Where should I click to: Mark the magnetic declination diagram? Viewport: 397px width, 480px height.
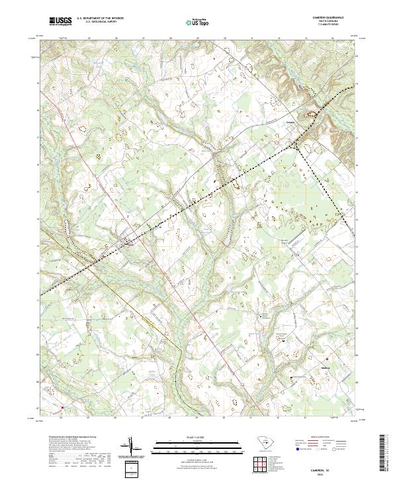pyautogui.click(x=132, y=447)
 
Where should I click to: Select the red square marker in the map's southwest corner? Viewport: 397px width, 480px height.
pyautogui.click(x=63, y=407)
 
